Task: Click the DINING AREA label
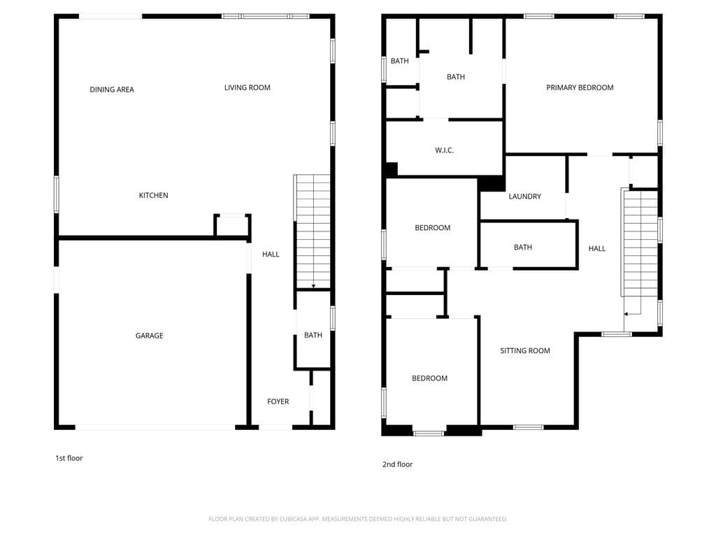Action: click(x=112, y=89)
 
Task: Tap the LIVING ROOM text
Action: click(x=247, y=87)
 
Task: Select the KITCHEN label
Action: click(x=153, y=195)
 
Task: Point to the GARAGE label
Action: click(x=149, y=336)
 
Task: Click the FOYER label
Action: click(x=278, y=401)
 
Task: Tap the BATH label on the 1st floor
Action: click(x=313, y=335)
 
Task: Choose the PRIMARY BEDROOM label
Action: click(x=580, y=87)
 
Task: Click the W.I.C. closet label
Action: click(x=444, y=150)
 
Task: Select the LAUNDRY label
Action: click(x=524, y=196)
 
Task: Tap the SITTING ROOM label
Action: click(x=524, y=350)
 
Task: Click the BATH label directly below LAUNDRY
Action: click(x=522, y=247)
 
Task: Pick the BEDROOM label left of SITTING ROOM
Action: click(x=429, y=378)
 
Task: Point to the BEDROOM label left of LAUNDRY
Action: click(x=432, y=227)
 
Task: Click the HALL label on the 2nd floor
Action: click(x=596, y=248)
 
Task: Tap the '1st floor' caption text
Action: click(x=69, y=458)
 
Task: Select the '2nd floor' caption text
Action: click(x=397, y=464)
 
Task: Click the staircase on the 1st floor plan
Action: click(x=313, y=231)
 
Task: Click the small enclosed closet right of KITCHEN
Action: click(x=231, y=226)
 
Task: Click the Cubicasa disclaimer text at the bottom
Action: click(x=357, y=519)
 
